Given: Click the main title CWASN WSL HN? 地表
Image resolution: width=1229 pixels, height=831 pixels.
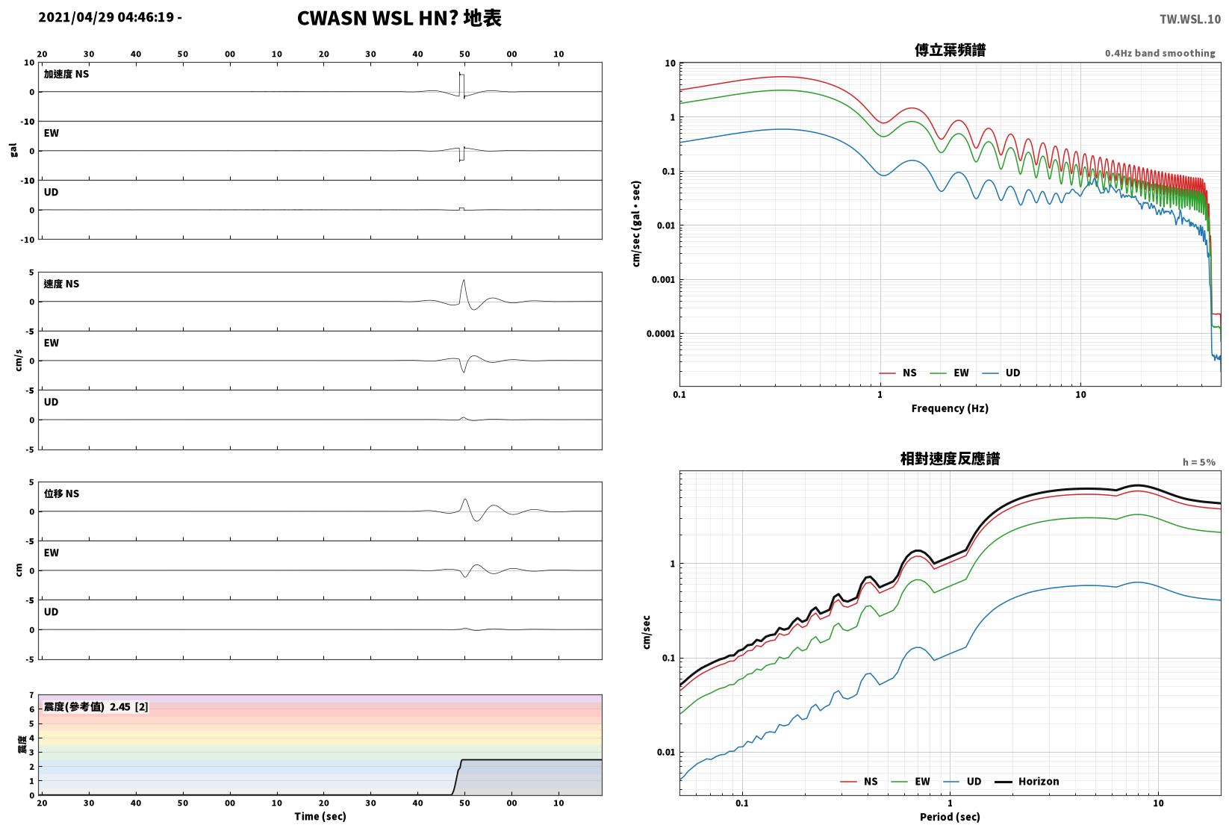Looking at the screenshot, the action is pyautogui.click(x=399, y=18).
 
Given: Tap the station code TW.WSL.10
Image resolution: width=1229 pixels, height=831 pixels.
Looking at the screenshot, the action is pyautogui.click(x=1189, y=19).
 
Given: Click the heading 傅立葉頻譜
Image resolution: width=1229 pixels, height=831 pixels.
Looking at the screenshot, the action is pyautogui.click(x=950, y=50).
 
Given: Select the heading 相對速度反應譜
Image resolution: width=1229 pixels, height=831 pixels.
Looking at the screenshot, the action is pyautogui.click(x=950, y=458).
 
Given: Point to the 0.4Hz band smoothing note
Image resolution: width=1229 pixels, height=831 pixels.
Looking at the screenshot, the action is pyautogui.click(x=1160, y=53).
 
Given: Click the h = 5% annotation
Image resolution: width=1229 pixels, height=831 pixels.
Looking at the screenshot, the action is pyautogui.click(x=1199, y=462).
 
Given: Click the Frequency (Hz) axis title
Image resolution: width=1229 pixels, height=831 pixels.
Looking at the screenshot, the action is pyautogui.click(x=950, y=408).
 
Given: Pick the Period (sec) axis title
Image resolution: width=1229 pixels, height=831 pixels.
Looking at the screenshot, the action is pyautogui.click(x=950, y=817).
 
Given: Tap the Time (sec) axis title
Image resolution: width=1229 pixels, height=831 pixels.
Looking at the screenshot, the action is pyautogui.click(x=320, y=816).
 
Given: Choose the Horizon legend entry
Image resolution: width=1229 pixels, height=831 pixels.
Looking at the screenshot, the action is pyautogui.click(x=1027, y=781).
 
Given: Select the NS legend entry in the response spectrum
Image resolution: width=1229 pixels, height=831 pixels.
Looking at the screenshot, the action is pyautogui.click(x=859, y=781).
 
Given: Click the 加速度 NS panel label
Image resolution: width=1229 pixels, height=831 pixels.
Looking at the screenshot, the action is pyautogui.click(x=66, y=74).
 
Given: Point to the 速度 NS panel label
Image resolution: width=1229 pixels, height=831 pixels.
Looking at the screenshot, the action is pyautogui.click(x=61, y=284).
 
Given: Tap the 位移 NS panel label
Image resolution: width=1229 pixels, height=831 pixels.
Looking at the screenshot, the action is pyautogui.click(x=61, y=494).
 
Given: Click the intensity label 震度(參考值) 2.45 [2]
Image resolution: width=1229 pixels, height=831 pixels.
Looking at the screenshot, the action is pyautogui.click(x=96, y=706).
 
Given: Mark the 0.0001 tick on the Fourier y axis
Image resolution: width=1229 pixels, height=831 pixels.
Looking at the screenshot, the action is pyautogui.click(x=661, y=334).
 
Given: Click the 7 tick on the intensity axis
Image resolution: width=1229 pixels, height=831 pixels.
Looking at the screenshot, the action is pyautogui.click(x=32, y=695).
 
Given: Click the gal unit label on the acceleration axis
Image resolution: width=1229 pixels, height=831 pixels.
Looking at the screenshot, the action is pyautogui.click(x=13, y=150).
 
